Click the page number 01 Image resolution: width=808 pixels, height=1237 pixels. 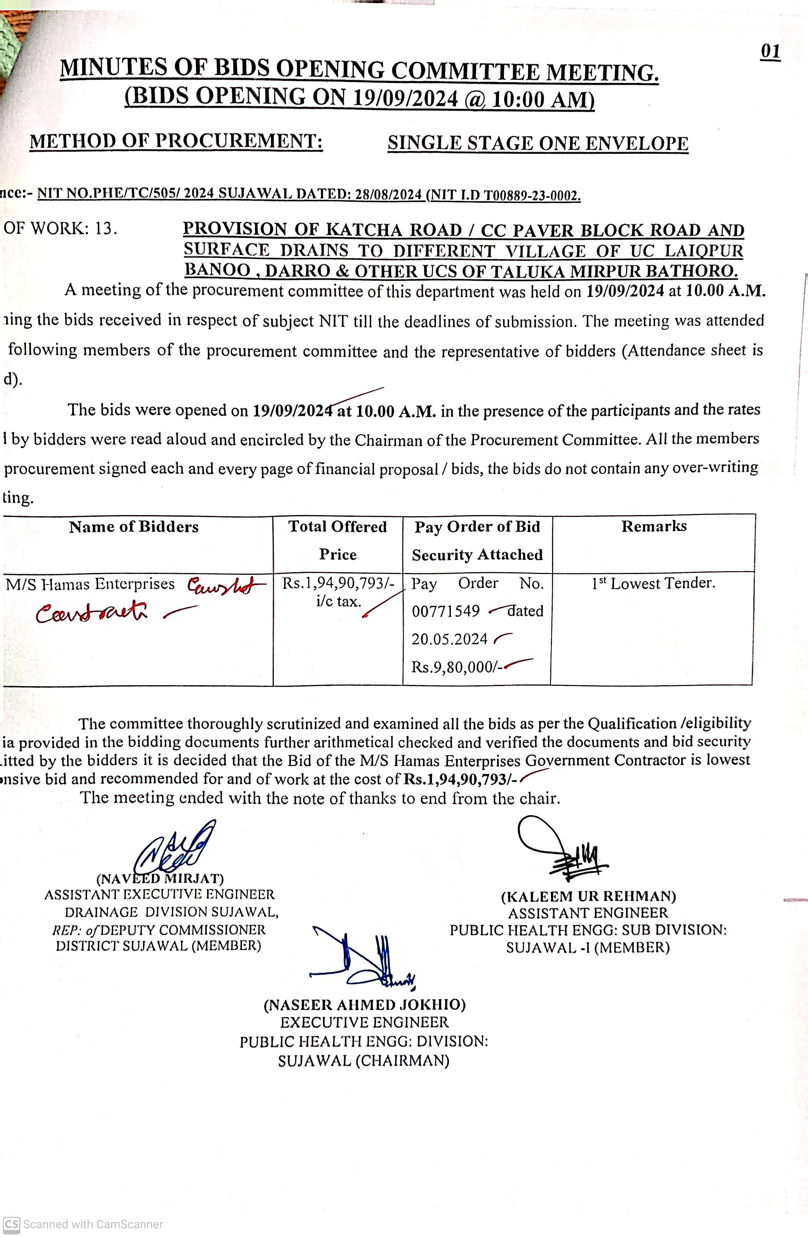pos(771,52)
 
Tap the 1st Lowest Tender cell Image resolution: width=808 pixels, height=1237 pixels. pos(653,584)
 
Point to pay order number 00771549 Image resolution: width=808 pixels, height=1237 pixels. pos(446,611)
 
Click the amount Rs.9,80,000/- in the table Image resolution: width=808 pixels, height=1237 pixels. pos(456,667)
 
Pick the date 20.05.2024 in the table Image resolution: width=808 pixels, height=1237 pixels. pos(449,639)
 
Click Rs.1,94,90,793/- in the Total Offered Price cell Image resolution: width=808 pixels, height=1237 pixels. pos(338,584)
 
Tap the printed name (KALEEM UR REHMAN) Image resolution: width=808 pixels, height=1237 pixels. pos(588,896)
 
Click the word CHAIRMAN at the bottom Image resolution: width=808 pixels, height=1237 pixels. pos(402,1061)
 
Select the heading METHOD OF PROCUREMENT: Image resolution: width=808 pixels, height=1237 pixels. pos(176,141)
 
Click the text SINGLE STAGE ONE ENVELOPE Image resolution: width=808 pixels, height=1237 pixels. pos(538,143)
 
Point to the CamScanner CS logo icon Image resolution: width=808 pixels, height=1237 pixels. pos(11,1224)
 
